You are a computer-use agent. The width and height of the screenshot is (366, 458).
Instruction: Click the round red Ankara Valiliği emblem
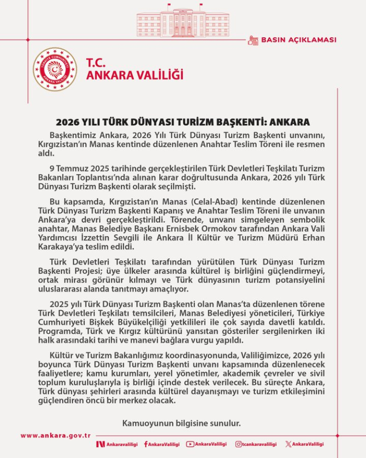pyautogui.click(x=56, y=69)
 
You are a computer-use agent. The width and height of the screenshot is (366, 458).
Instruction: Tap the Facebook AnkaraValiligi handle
pyautogui.click(x=162, y=444)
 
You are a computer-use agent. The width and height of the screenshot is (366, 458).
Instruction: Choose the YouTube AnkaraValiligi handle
pyautogui.click(x=207, y=444)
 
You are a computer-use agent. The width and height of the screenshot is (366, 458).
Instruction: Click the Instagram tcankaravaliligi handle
pyautogui.click(x=256, y=444)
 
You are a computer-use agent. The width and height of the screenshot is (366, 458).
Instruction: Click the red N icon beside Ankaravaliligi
pyautogui.click(x=101, y=444)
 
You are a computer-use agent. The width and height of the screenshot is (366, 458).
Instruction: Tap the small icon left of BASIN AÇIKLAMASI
pyautogui.click(x=252, y=40)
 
